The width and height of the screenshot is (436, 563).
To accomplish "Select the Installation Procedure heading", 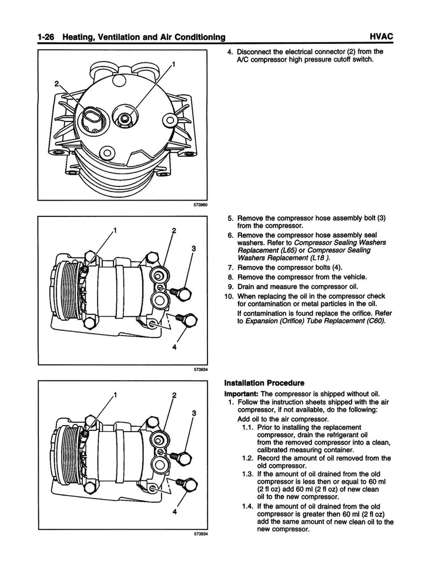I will [x=264, y=383].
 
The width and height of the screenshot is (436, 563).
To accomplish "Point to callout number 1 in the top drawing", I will [x=174, y=63].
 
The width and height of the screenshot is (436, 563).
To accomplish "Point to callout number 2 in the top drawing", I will [x=57, y=83].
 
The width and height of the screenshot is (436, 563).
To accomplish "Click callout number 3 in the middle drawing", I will [x=193, y=249].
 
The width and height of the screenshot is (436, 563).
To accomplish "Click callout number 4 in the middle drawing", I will [x=175, y=347].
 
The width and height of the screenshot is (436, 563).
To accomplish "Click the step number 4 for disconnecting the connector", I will [x=230, y=52].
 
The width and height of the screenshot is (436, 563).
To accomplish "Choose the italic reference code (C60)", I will [x=374, y=321].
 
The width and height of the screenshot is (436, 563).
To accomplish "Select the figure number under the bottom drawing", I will [x=200, y=534].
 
